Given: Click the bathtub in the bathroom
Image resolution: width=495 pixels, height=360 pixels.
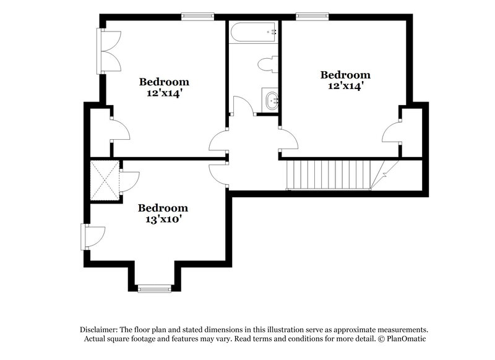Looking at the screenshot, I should [x=253, y=31].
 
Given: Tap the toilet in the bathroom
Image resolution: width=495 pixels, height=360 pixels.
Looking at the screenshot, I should [x=269, y=64].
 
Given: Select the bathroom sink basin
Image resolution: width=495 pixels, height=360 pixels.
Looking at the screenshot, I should [x=270, y=100].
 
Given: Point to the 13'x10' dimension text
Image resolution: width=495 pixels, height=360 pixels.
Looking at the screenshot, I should [x=163, y=218].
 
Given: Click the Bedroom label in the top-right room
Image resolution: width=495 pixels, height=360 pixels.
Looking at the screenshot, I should [x=345, y=75].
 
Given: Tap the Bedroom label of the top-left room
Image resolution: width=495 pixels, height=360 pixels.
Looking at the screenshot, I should [x=164, y=82].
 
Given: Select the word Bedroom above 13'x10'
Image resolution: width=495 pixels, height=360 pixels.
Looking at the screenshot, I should [x=163, y=208].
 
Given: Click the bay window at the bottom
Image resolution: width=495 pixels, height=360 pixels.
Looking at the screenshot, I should [x=154, y=288].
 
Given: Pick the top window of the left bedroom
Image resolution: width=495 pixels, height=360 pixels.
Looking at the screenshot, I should [x=197, y=17].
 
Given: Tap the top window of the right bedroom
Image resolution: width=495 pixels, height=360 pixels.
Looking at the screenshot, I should [x=308, y=17].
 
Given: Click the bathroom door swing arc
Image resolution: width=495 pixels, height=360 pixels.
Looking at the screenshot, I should [x=243, y=106].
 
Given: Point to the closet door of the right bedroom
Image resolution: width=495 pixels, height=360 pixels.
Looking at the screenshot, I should [x=392, y=132].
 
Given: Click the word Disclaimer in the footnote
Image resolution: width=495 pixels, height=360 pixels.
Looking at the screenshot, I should [x=100, y=330].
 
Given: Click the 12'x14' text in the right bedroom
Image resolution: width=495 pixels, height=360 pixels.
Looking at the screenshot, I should [x=345, y=87].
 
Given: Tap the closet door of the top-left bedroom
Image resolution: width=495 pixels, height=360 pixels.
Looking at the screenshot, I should [x=119, y=131].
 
